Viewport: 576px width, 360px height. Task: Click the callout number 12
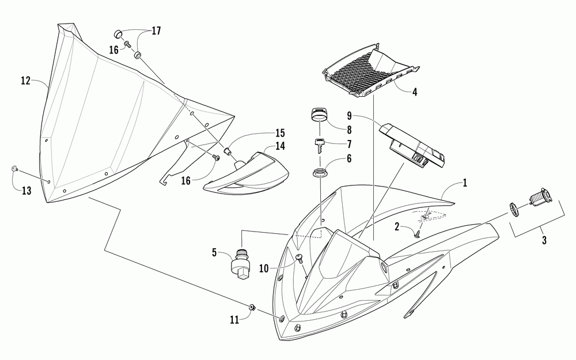pyautogui.click(x=26, y=81)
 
